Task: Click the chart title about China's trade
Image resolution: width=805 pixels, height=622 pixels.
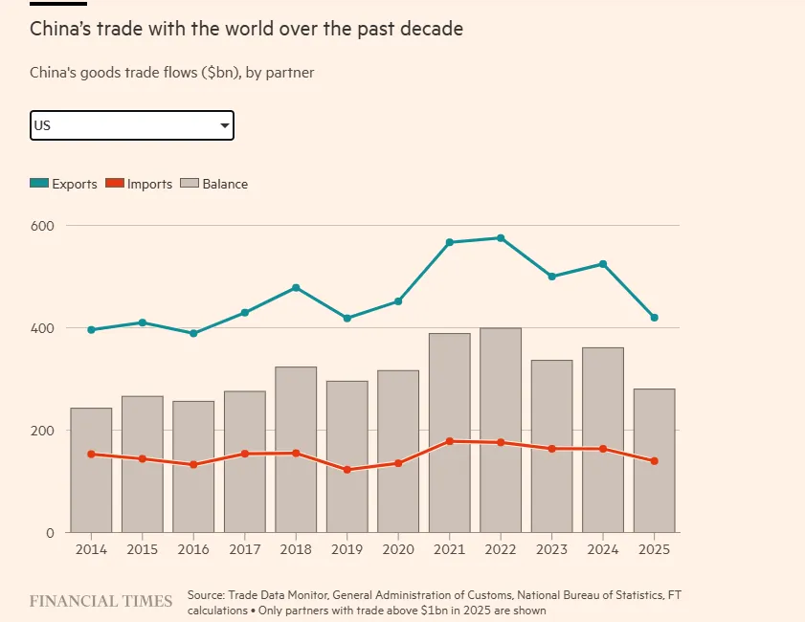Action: [246, 30]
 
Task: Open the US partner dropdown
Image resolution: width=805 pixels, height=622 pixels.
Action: [131, 125]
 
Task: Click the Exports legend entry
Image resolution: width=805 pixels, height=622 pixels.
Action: [63, 184]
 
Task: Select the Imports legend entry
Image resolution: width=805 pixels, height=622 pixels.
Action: [139, 184]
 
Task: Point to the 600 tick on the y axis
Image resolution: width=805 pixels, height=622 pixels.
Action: [43, 226]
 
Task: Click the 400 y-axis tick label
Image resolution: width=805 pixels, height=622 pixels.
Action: [43, 328]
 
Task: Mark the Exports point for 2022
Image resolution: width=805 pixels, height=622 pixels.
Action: [501, 237]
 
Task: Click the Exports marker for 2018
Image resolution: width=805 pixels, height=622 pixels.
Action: [296, 287]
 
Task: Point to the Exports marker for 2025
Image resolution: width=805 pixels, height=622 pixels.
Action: [654, 318]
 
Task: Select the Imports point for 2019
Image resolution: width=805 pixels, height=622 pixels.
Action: [347, 470]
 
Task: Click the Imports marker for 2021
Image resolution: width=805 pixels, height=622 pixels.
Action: [449, 441]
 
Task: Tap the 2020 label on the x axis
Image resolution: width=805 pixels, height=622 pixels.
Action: [398, 550]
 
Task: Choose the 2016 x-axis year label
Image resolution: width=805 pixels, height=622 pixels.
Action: [193, 550]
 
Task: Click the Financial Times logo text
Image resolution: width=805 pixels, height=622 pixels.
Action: [101, 601]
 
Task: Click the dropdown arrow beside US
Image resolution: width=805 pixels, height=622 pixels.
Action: [224, 125]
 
